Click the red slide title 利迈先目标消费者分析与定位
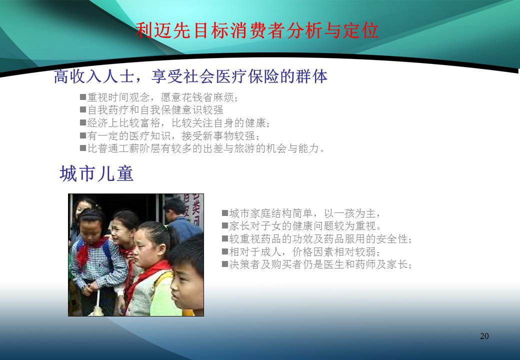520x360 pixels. pos(257,31)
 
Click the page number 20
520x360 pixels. pos(484,336)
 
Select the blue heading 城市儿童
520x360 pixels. pos(96,173)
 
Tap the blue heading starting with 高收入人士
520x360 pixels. pos(190,76)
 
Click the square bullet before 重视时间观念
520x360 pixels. pos(83,97)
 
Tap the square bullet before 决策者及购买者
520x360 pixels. pos(225,264)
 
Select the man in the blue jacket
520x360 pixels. pos(178,219)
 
